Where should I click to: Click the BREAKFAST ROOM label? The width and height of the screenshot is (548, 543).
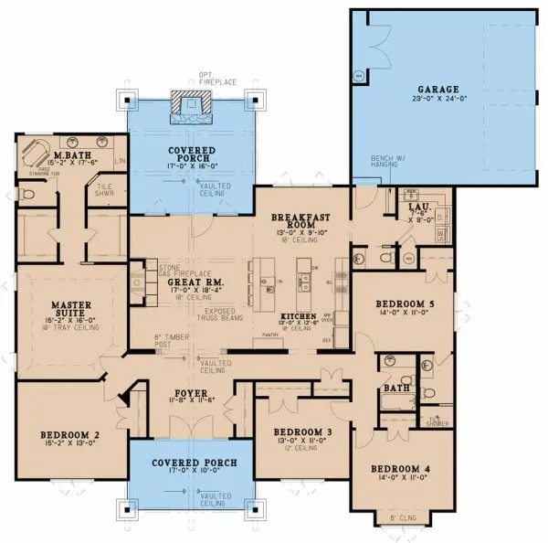[300, 223]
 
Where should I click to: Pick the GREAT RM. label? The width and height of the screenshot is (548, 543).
[192, 284]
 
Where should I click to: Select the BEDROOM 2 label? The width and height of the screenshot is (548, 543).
[68, 434]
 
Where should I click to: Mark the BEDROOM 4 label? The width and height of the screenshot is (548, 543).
[399, 470]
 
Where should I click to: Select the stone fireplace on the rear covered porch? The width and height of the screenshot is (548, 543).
[192, 109]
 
